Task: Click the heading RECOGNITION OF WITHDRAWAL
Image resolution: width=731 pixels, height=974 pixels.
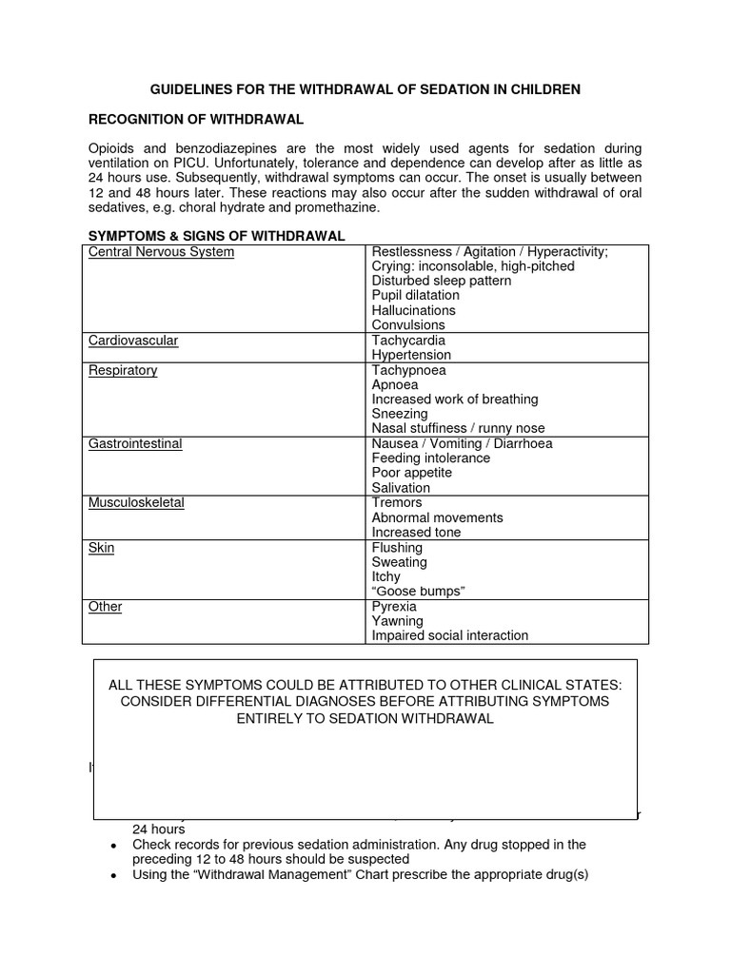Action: (x=196, y=119)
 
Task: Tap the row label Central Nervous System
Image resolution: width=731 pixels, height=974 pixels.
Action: (x=161, y=252)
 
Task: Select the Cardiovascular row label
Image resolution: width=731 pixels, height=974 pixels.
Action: (x=133, y=341)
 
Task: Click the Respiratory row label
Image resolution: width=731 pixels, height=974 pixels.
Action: (x=123, y=370)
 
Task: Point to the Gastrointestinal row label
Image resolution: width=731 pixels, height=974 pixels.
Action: (x=135, y=443)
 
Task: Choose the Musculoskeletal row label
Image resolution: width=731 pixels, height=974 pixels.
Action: (x=136, y=502)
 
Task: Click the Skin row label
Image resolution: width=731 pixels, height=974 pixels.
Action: (x=101, y=548)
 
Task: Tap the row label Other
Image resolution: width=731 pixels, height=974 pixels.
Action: (x=105, y=607)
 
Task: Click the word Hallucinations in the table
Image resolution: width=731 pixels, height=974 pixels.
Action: (x=413, y=310)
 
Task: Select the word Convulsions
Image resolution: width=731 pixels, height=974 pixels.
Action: (x=408, y=325)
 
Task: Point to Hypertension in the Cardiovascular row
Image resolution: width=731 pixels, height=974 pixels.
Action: (x=411, y=355)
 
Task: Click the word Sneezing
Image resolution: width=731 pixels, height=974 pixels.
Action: (x=400, y=414)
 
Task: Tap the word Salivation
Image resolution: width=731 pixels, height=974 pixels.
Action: (x=401, y=488)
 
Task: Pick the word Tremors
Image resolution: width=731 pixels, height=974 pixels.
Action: (x=397, y=502)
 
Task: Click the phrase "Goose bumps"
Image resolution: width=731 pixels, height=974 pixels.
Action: (x=418, y=592)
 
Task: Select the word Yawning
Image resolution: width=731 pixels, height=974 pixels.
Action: (x=398, y=621)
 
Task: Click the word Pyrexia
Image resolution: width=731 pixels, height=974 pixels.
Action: (x=395, y=607)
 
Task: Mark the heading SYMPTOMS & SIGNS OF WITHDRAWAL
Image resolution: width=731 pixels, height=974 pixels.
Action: (x=216, y=236)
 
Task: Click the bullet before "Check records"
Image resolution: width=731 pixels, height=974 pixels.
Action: (x=113, y=846)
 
